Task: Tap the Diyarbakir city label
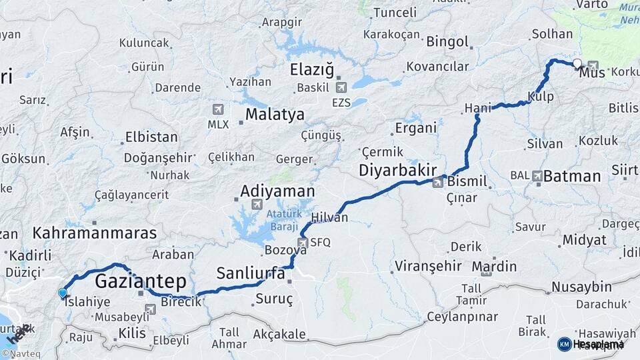(x=398, y=170)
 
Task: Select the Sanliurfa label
(x=251, y=273)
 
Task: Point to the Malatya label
(x=275, y=115)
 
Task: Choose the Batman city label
(x=572, y=176)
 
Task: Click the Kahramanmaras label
(x=95, y=233)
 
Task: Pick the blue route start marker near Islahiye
(x=63, y=293)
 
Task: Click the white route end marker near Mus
(x=577, y=63)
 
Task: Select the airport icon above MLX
(x=218, y=109)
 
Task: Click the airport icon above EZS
(x=341, y=87)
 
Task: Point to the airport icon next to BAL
(x=537, y=176)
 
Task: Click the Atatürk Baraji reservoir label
(x=285, y=219)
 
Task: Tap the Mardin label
(x=494, y=267)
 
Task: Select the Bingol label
(x=448, y=41)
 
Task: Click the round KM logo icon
(x=564, y=344)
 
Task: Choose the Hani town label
(x=477, y=108)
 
